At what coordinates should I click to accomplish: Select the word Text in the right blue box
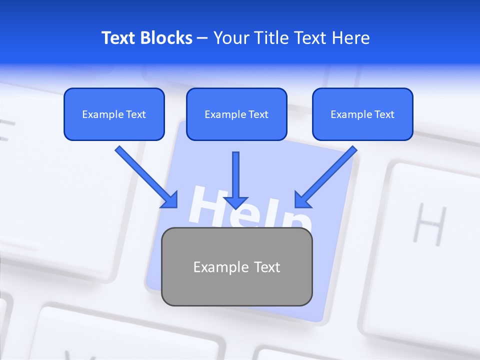pyautogui.click(x=384, y=114)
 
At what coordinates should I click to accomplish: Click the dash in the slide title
pyautogui.click(x=202, y=38)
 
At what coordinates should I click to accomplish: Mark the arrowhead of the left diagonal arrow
pyautogui.click(x=170, y=199)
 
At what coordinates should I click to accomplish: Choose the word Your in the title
pyautogui.click(x=230, y=38)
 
